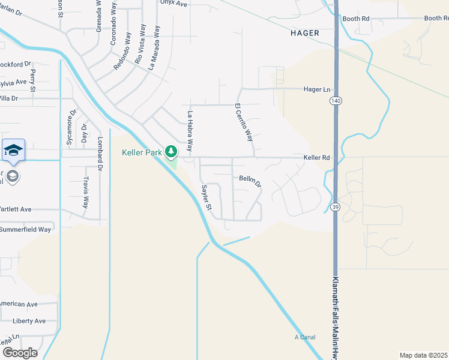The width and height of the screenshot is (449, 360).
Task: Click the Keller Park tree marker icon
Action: (x=172, y=151)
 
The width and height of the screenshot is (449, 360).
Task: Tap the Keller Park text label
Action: (x=142, y=153)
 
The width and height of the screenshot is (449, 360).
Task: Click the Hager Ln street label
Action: (x=317, y=89)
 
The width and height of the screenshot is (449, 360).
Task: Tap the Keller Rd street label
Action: (x=317, y=158)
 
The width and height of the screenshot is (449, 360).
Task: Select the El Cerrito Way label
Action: (x=244, y=122)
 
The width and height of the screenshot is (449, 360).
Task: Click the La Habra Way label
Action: (x=190, y=130)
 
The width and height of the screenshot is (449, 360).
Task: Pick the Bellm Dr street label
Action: (x=250, y=179)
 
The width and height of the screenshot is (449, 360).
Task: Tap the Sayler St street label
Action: (x=206, y=197)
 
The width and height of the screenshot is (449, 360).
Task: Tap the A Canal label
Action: (x=305, y=337)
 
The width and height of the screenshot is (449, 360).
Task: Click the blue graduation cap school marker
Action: (x=13, y=150)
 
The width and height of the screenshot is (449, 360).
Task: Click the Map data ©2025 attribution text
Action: (x=423, y=355)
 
